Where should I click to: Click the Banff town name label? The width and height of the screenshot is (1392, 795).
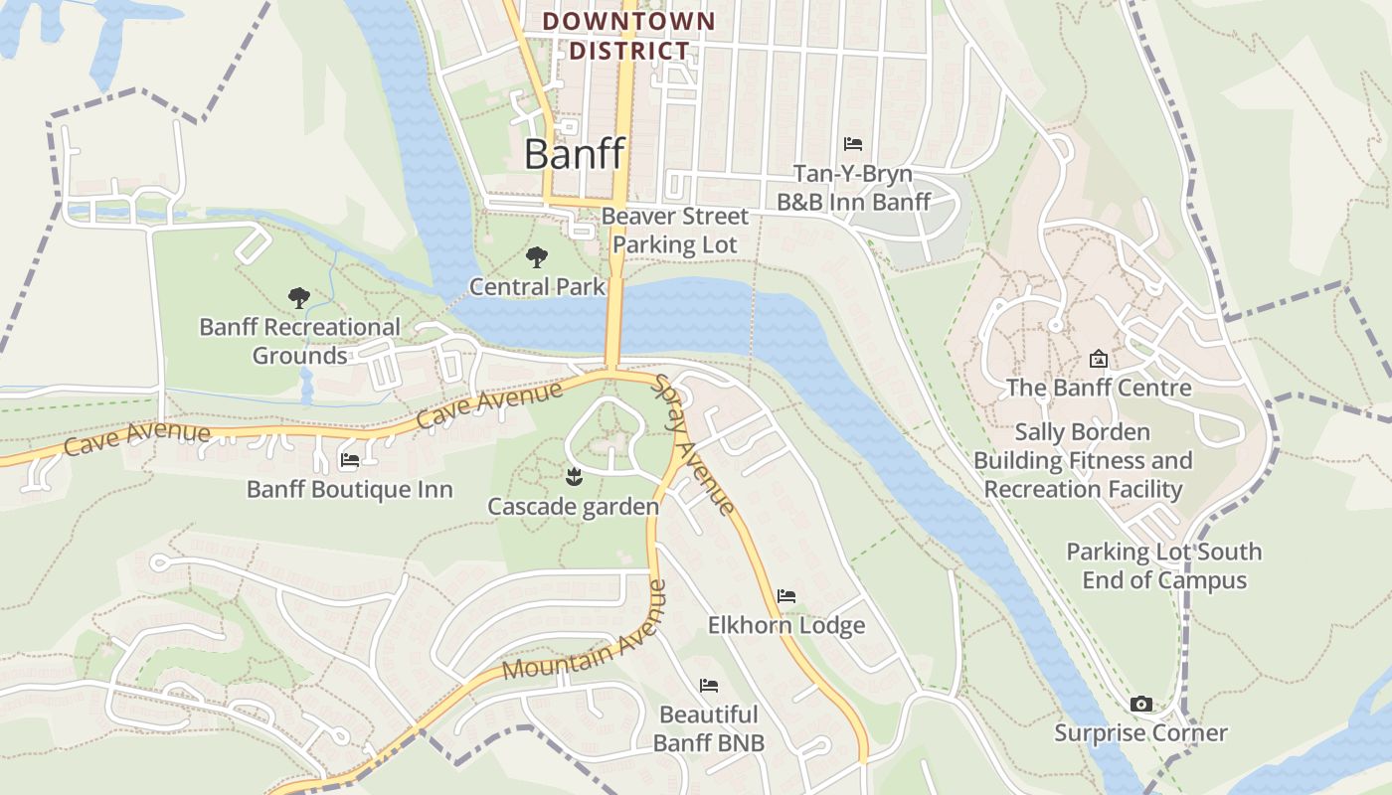click(574, 154)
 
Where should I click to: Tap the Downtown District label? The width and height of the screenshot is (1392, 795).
click(628, 36)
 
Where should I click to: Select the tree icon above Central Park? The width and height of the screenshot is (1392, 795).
click(537, 257)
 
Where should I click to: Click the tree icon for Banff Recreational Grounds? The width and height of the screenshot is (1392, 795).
click(298, 297)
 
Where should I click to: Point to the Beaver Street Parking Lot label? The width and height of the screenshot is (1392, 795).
click(675, 231)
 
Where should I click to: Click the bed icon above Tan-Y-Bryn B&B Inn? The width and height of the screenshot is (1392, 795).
click(852, 144)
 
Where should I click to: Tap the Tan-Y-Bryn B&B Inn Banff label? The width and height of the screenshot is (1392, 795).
click(853, 189)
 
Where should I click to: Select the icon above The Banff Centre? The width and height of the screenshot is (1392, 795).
click(1099, 359)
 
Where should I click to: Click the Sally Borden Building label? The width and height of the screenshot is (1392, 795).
click(1083, 460)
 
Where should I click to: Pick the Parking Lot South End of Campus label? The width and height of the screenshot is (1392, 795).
click(1163, 565)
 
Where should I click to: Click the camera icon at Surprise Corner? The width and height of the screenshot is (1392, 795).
click(1141, 705)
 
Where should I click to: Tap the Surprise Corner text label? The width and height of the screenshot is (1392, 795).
click(1140, 733)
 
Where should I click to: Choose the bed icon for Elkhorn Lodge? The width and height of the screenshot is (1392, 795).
click(786, 596)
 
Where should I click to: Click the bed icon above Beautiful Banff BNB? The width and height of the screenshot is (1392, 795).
click(709, 686)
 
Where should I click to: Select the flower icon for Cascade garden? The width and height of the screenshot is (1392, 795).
click(573, 478)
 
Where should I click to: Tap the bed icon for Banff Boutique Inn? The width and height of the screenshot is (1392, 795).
click(350, 460)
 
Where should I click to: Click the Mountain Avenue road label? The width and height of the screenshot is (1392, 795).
click(584, 633)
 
